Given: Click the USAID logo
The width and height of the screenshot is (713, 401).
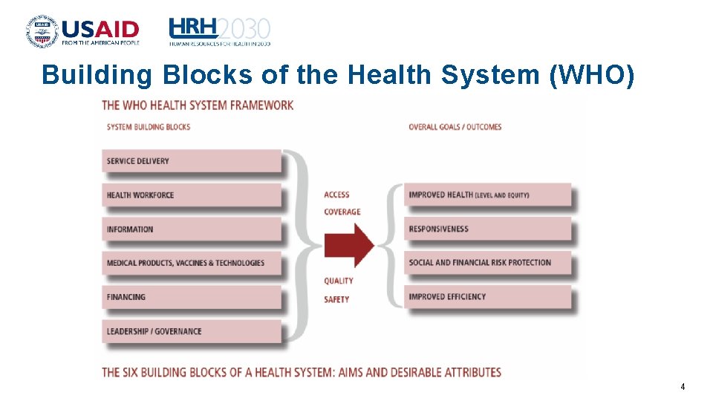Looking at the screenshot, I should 82,30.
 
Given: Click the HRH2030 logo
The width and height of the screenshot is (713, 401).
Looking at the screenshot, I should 219,31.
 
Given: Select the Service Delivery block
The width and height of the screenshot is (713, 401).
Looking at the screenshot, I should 192,161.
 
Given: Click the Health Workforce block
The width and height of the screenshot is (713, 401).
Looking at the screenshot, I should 192,195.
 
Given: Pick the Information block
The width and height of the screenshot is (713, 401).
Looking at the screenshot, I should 192,229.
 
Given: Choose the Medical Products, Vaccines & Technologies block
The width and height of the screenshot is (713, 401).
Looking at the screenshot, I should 192,263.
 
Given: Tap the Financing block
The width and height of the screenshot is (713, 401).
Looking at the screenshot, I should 192,297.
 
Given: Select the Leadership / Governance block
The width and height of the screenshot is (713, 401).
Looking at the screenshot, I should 192,331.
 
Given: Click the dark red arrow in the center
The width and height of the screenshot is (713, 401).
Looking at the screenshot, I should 350,244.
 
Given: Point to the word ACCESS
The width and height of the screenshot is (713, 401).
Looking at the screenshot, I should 336,195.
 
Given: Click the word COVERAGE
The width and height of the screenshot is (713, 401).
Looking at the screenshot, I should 342,212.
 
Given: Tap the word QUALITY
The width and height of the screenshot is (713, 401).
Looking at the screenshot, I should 338,281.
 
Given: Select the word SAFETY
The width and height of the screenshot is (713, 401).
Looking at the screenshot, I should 336,299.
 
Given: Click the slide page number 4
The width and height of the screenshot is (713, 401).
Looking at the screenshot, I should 683,387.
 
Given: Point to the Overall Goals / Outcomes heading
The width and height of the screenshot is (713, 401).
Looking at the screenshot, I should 455,127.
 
